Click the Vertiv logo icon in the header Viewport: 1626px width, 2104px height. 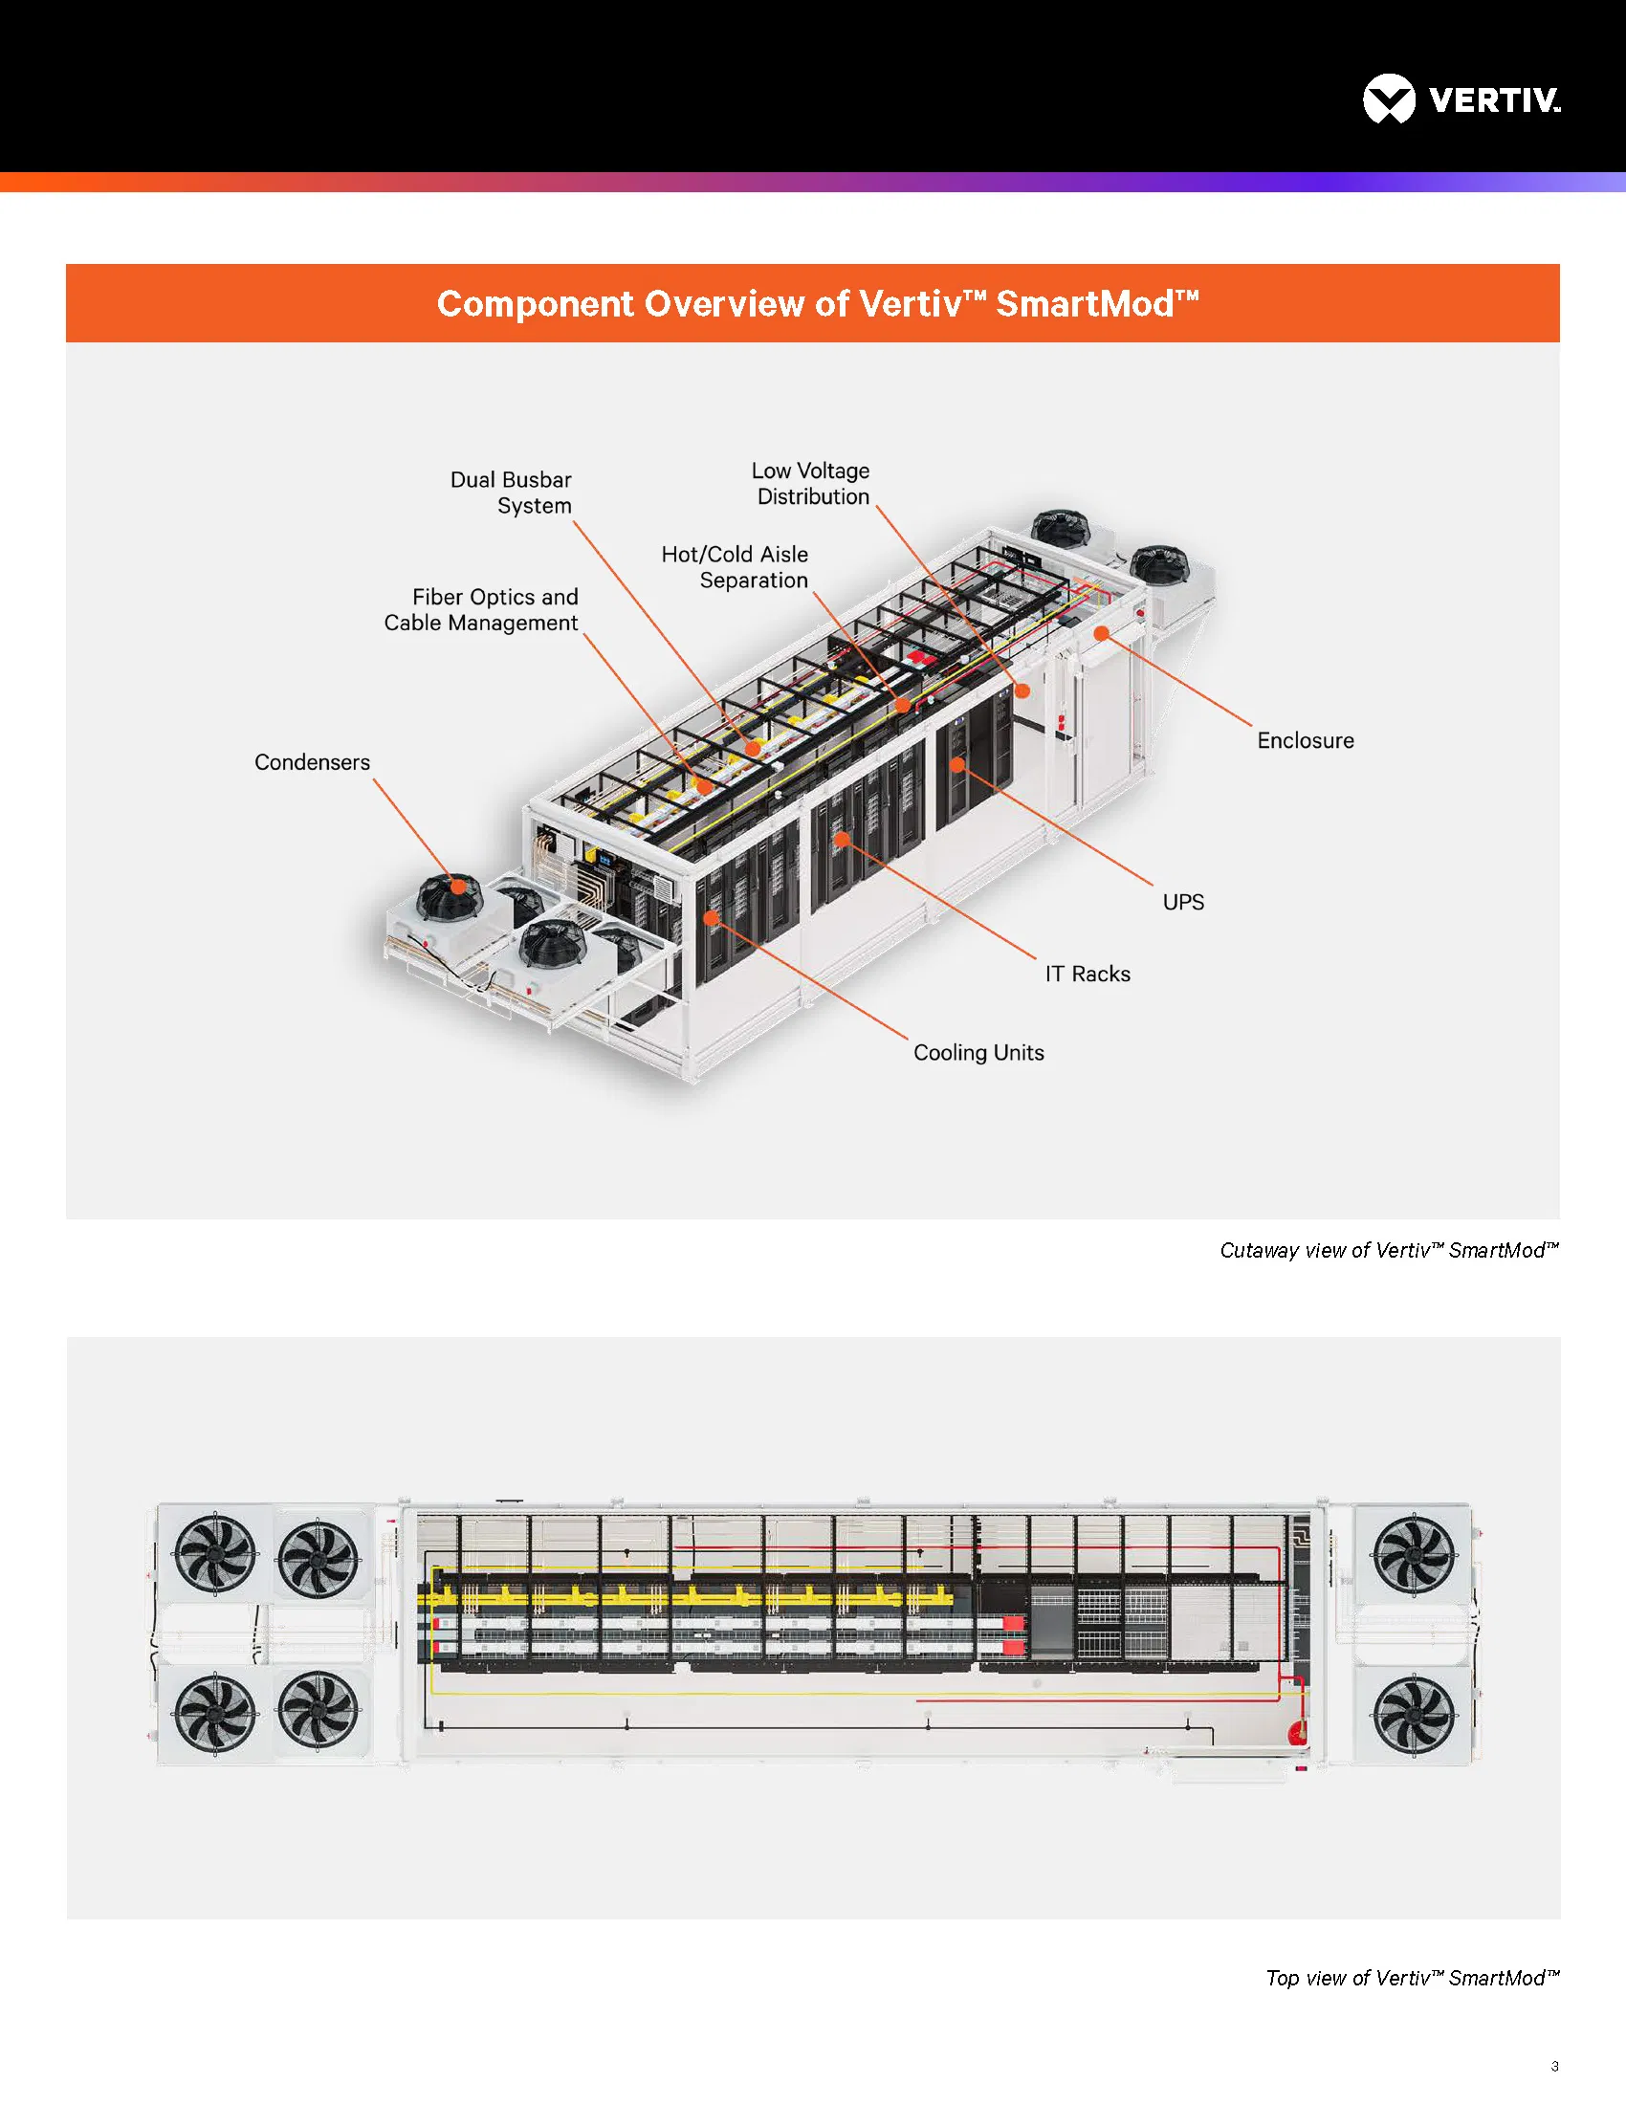1388,99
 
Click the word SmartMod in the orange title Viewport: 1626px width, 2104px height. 1085,304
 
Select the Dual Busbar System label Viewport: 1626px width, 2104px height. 512,493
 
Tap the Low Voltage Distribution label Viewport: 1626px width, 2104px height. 811,484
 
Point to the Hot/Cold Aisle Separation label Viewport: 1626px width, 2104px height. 735,567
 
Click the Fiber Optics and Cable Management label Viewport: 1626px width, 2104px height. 482,610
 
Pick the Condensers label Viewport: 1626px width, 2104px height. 312,762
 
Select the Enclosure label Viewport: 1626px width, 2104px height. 1305,741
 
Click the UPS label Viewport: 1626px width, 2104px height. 1183,903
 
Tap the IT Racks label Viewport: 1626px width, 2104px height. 1088,974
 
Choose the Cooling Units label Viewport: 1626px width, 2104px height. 978,1053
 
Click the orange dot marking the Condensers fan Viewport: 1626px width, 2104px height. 458,887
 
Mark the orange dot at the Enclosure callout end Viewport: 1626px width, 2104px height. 1101,633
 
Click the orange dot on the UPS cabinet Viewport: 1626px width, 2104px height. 957,765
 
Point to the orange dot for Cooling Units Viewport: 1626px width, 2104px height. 711,918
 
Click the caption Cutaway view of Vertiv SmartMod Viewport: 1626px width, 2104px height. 1388,1251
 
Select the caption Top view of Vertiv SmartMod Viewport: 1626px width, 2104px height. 1411,1978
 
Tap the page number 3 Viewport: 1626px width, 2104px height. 1554,2066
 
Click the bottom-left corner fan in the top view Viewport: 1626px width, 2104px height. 215,1711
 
